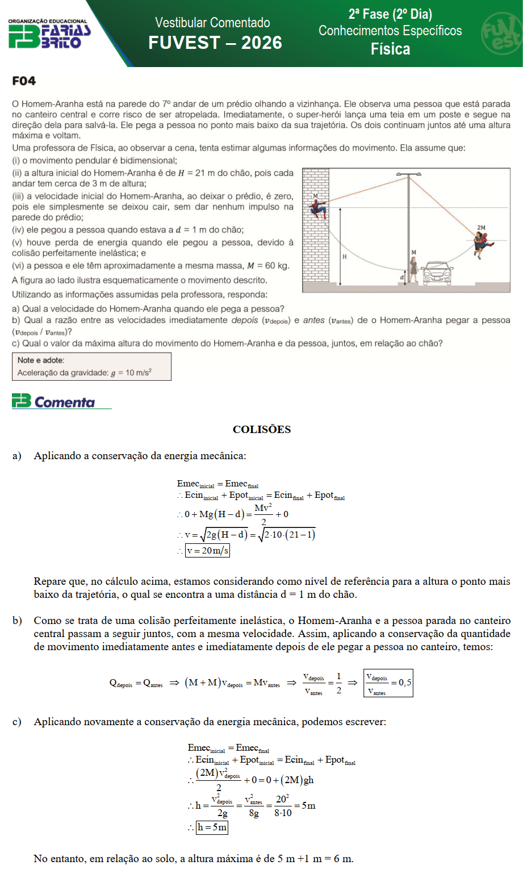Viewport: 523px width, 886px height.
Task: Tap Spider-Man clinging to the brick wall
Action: point(318,209)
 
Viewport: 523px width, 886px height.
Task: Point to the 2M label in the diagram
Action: point(482,228)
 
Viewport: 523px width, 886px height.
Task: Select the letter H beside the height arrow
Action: point(344,256)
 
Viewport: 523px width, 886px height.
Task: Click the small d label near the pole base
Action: point(402,277)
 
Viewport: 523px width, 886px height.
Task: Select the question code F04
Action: point(24,81)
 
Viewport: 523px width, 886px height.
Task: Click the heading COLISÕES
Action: point(262,430)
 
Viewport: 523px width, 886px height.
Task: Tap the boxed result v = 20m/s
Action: point(207,550)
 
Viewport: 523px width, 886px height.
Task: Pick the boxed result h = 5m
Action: point(212,827)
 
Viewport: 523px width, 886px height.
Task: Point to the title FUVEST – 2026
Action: point(215,43)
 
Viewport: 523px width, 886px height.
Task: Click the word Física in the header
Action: point(390,49)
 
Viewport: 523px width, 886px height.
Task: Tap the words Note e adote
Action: point(41,360)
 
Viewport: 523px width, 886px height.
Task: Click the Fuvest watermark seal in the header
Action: point(501,34)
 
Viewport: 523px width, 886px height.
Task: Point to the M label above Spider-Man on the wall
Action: point(316,195)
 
